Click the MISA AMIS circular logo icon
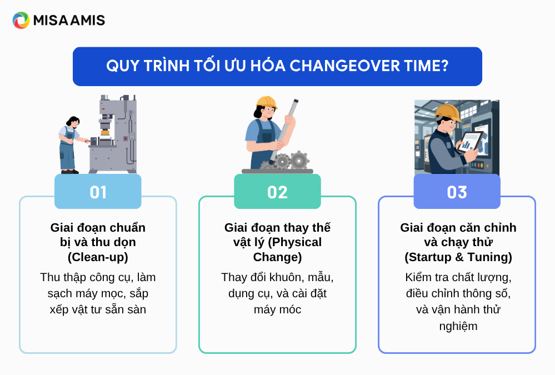tap(21, 20)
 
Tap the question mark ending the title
tap(444, 66)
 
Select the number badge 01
tap(98, 192)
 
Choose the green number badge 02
tap(277, 192)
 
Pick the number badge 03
tap(457, 192)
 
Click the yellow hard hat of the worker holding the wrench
tap(266, 102)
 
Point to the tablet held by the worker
tap(469, 142)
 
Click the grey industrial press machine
tap(113, 134)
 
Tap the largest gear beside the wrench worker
tap(299, 161)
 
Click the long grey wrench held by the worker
tap(284, 131)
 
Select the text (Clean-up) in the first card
tap(98, 257)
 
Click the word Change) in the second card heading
tap(277, 257)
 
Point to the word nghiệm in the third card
tap(458, 326)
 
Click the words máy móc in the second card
tap(277, 309)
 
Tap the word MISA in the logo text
tap(50, 20)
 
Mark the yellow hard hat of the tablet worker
tap(448, 112)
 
